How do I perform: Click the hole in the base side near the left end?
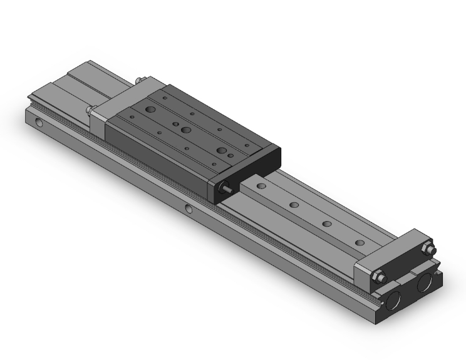click(x=41, y=123)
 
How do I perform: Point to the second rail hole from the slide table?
click(x=293, y=205)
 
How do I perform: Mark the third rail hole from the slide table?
click(x=326, y=224)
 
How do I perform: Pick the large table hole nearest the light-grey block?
click(x=150, y=110)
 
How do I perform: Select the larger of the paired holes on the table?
click(x=220, y=150)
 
